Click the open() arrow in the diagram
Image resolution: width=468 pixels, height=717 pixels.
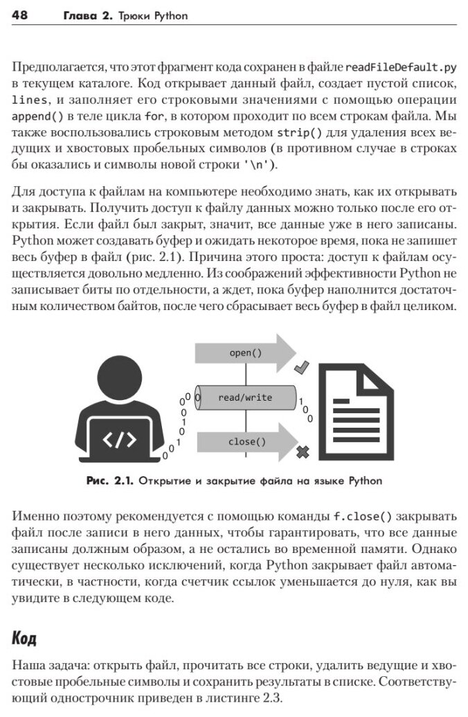(246, 353)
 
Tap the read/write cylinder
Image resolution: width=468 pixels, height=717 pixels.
(246, 397)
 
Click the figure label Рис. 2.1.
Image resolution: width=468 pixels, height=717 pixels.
(110, 480)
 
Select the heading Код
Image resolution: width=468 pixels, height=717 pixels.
(24, 638)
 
